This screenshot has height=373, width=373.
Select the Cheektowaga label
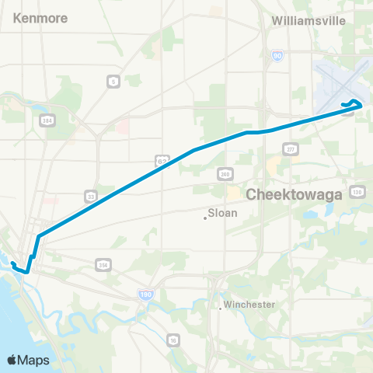click(295, 194)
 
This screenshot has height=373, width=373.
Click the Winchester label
click(249, 304)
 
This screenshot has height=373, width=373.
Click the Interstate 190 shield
click(145, 295)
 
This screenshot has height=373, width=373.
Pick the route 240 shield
click(225, 173)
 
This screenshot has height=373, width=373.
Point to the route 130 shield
click(357, 191)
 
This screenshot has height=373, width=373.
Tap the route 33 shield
click(92, 196)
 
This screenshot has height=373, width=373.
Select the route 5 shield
click(114, 81)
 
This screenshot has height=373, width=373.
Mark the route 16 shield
click(173, 340)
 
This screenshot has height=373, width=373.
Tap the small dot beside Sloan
click(205, 218)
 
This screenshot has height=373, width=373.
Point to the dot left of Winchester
click(221, 309)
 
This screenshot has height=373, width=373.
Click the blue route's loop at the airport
click(354, 104)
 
